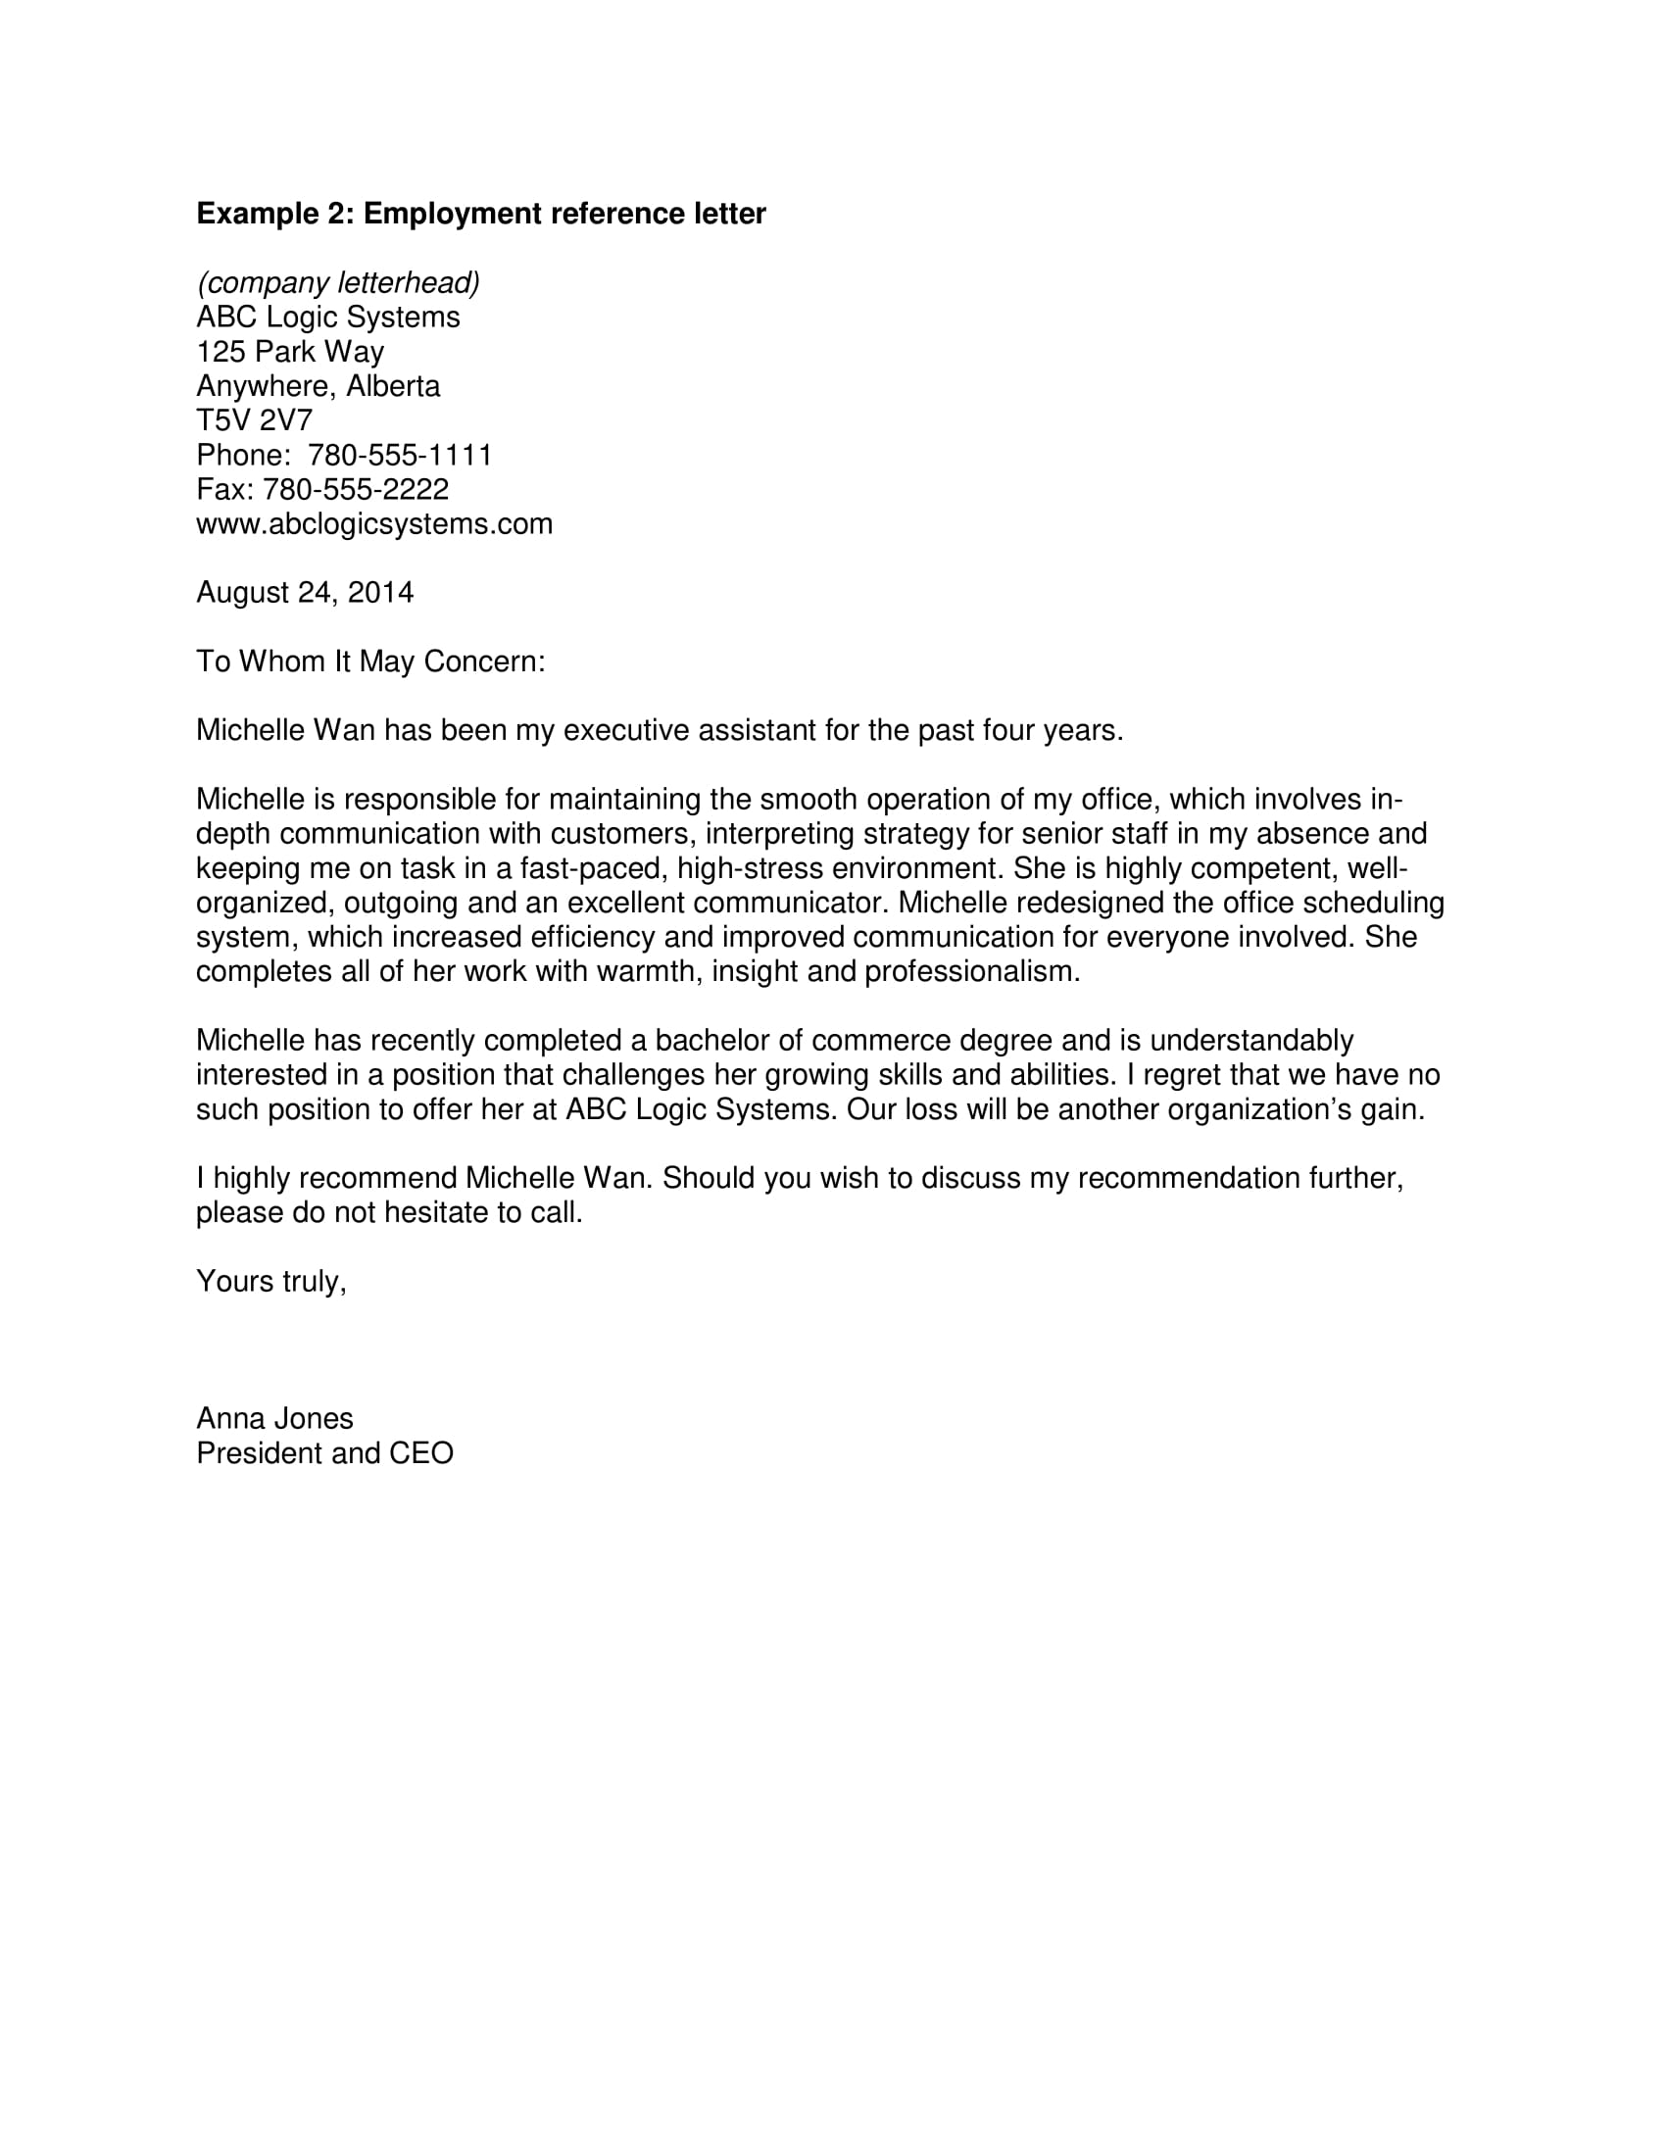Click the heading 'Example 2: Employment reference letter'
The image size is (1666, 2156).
480,215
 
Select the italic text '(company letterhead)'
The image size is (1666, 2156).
338,283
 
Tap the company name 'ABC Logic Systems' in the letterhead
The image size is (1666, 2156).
327,318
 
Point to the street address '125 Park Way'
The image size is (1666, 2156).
290,353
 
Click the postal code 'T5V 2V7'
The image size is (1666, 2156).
254,421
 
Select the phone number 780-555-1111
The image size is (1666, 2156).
400,455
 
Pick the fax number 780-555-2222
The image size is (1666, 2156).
356,490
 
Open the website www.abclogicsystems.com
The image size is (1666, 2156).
374,524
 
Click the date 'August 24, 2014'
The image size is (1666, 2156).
305,593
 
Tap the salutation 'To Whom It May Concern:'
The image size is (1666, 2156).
370,661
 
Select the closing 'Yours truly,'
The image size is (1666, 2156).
271,1282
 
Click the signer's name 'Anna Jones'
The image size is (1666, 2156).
274,1419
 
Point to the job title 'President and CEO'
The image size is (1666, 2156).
324,1453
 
